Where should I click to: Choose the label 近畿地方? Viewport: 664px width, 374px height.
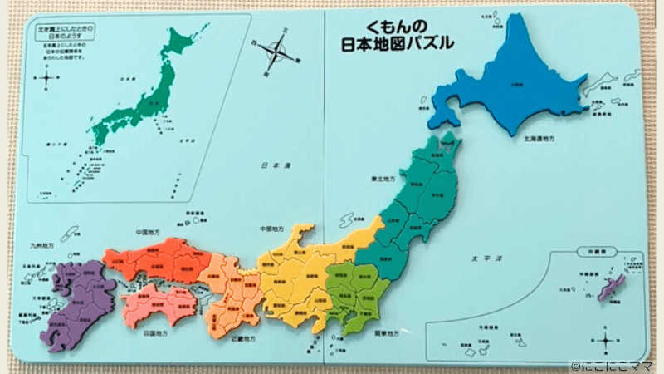243,339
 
